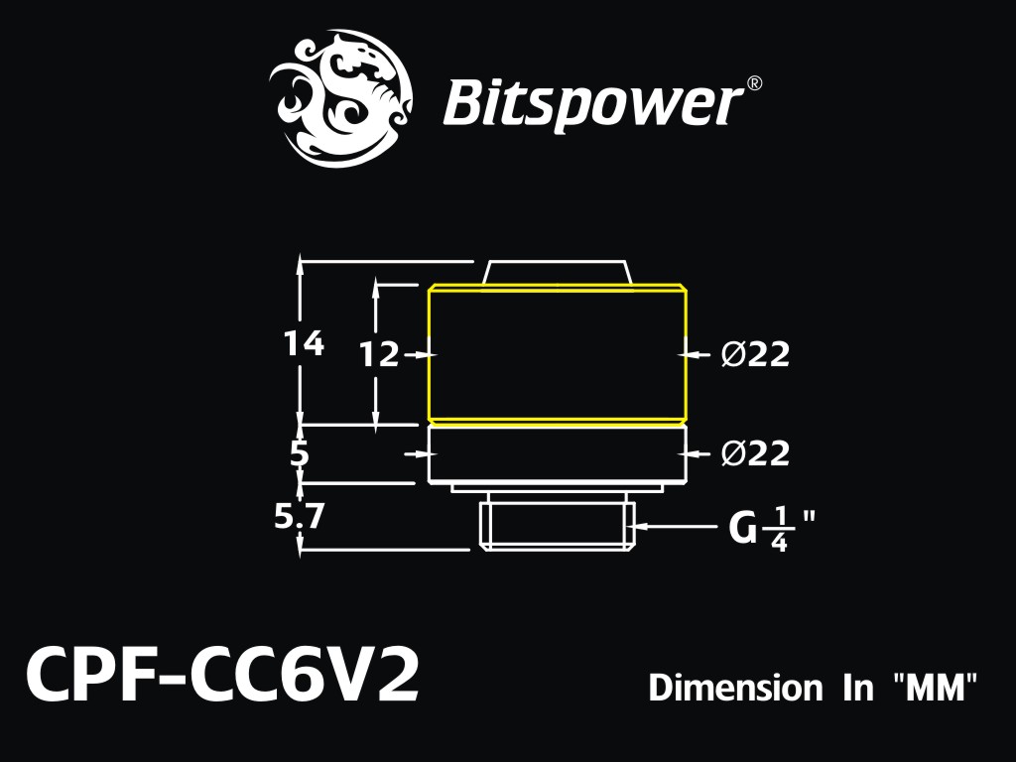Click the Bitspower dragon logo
341,97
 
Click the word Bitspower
593,103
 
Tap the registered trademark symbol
754,83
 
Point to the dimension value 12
380,354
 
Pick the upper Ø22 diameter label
755,354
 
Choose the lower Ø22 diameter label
755,452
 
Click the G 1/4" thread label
771,529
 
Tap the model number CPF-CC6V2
222,676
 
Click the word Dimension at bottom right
735,688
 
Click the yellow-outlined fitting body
558,354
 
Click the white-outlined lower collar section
557,454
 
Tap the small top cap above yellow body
557,272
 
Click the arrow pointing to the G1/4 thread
675,526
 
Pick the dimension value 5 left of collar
299,454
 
